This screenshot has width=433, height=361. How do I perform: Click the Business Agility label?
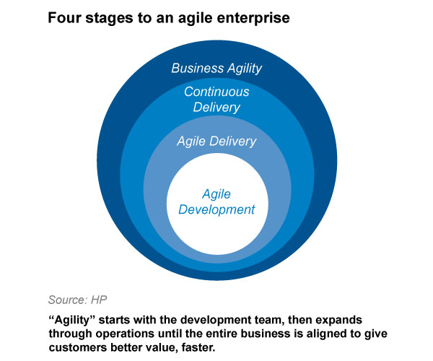[x=216, y=69]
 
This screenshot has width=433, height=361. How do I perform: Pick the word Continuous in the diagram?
[x=216, y=92]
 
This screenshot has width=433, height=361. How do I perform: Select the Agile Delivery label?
[x=216, y=142]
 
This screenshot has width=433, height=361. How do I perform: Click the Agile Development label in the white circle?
[x=216, y=202]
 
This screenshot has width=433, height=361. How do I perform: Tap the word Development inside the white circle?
[x=216, y=210]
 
